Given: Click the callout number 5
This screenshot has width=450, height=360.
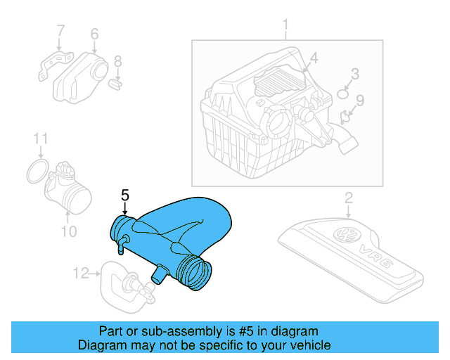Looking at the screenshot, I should click(x=125, y=195).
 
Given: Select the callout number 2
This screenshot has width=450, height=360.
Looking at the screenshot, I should click(x=348, y=198).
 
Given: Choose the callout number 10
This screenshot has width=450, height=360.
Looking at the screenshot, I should click(x=68, y=230).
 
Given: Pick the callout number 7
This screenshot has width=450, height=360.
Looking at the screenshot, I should click(x=60, y=30).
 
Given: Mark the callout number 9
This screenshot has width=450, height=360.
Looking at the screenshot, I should click(x=359, y=101).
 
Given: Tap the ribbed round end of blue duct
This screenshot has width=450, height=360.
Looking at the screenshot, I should click(x=196, y=274).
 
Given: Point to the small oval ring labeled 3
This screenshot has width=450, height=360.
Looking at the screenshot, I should click(x=342, y=94).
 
